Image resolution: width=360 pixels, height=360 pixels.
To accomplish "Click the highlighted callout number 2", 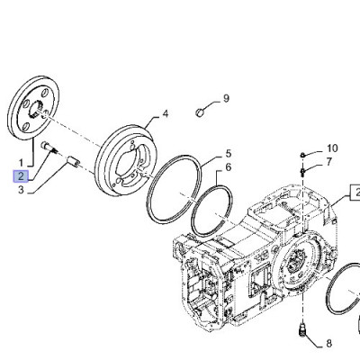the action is pyautogui.click(x=21, y=176).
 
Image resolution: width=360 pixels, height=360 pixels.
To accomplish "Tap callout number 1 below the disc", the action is pyautogui.click(x=21, y=163).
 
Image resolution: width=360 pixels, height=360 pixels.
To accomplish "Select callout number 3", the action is pyautogui.click(x=21, y=190).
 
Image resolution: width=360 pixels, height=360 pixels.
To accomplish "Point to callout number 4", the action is pyautogui.click(x=166, y=114).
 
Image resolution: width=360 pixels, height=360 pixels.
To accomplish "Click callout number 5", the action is pyautogui.click(x=229, y=154).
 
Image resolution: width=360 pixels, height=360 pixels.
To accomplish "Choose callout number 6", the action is pyautogui.click(x=229, y=167).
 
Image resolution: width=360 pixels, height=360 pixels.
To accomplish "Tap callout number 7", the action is pyautogui.click(x=329, y=162).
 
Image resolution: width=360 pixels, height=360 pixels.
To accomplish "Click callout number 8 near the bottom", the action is pyautogui.click(x=329, y=344).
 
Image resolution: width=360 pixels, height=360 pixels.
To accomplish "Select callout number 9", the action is pyautogui.click(x=226, y=98).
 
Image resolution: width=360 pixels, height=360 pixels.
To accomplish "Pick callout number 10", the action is pyautogui.click(x=332, y=148).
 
